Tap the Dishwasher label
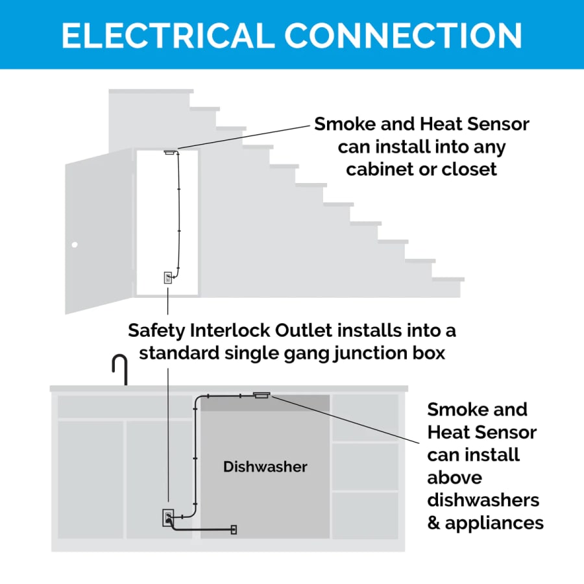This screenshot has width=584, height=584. point(265,467)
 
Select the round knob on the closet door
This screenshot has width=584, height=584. point(75,245)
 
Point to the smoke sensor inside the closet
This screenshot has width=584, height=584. point(171,152)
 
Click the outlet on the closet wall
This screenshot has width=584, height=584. point(167,278)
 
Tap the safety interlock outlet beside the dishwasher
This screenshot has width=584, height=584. point(168,518)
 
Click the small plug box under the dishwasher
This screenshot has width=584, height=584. point(234,529)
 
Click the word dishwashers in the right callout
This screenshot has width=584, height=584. point(483,500)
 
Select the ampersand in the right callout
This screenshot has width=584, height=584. point(433,523)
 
